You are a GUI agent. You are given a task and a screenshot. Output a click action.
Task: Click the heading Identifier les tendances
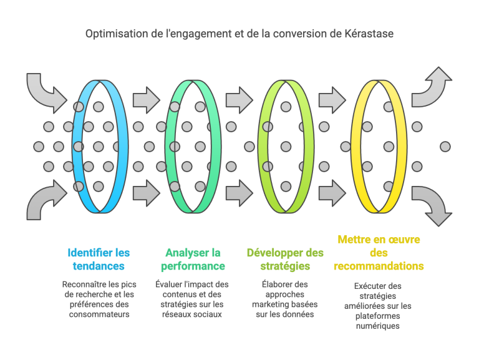[x=99, y=260]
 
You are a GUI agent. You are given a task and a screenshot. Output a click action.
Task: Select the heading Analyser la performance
[x=193, y=260]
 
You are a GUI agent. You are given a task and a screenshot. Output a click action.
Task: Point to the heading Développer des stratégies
[x=286, y=260]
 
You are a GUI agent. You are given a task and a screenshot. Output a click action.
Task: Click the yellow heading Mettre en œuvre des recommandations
[x=379, y=253]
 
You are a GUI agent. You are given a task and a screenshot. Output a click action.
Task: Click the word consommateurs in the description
[x=99, y=314]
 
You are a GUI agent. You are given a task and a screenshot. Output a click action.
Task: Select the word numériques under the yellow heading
[x=378, y=326]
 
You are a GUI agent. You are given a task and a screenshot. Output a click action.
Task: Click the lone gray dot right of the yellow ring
[x=445, y=147]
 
